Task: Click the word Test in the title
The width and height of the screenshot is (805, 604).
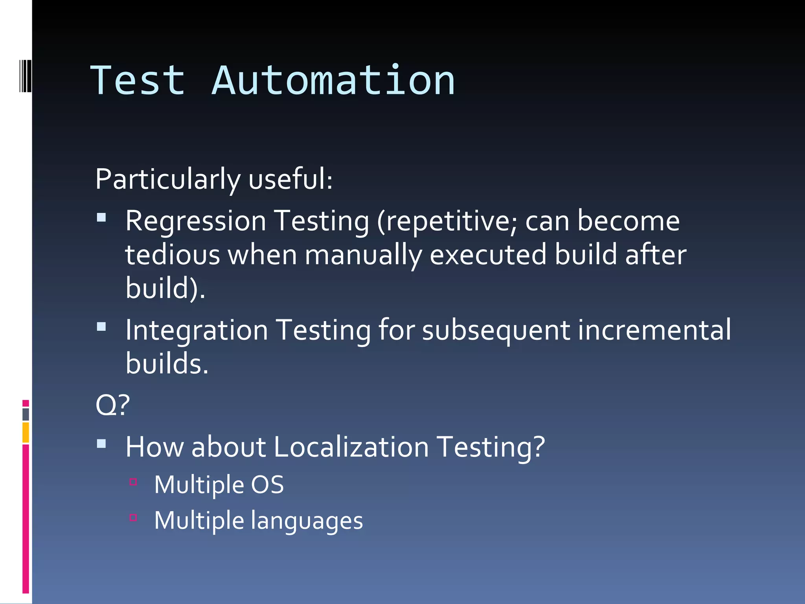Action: pos(138,81)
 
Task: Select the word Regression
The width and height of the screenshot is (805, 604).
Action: pos(196,221)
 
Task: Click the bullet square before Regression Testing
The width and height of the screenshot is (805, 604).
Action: pos(101,217)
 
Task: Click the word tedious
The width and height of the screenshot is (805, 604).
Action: pos(172,255)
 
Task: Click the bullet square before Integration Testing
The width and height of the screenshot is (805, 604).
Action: pos(101,326)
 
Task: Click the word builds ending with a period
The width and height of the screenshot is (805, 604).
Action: pos(167,363)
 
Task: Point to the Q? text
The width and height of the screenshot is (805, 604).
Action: pos(112,405)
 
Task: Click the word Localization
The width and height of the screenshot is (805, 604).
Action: pos(351,447)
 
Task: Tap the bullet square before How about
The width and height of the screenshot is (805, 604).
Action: pos(101,444)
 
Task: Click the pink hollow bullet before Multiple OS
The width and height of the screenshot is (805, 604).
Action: pos(133,481)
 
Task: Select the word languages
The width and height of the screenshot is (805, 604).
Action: pos(307,521)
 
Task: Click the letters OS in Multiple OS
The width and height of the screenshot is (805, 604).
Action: pos(267,484)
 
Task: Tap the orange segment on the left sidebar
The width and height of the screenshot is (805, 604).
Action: pos(26,432)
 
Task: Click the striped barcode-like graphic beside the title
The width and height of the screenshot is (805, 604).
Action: pos(25,76)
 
